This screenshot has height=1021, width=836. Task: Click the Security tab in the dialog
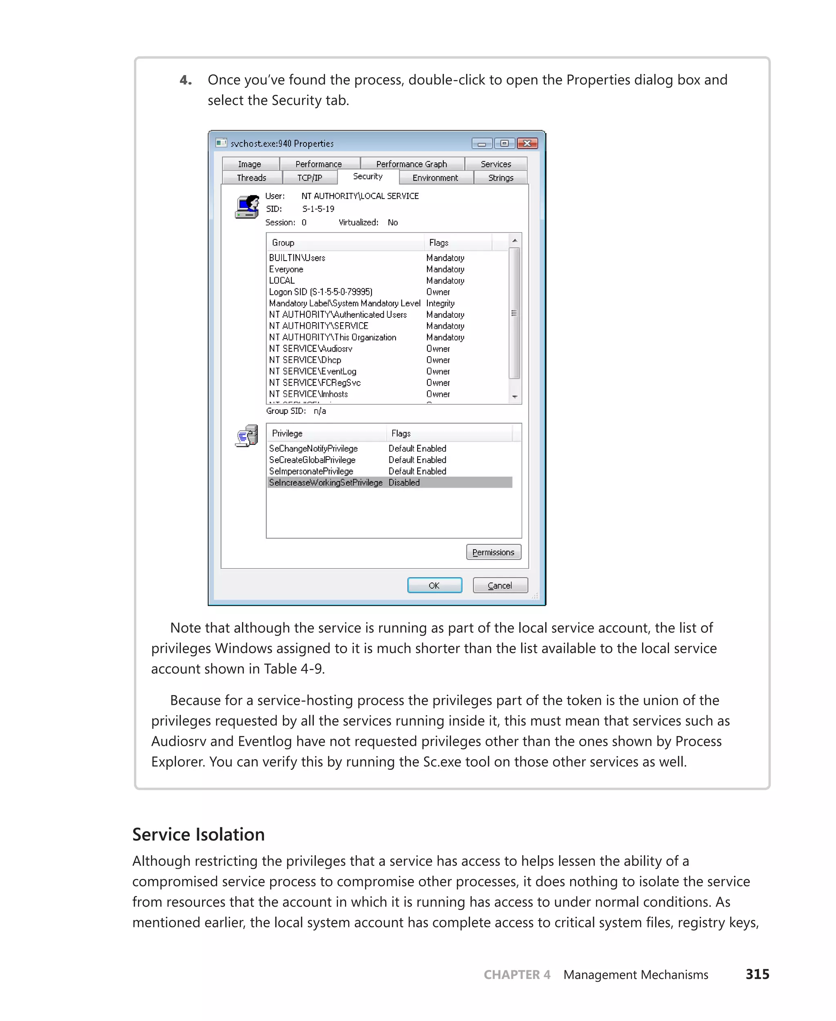point(367,176)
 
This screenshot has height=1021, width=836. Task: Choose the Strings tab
point(500,178)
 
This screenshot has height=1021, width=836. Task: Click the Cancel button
point(500,585)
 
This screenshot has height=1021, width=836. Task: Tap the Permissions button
point(493,552)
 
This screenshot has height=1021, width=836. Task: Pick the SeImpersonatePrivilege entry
point(311,471)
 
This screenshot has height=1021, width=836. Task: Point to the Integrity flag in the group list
point(440,303)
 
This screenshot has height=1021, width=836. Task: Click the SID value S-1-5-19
point(318,209)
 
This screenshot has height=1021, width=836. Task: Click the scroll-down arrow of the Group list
point(514,397)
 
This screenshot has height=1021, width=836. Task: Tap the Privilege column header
point(287,434)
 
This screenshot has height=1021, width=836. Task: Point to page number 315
point(757,975)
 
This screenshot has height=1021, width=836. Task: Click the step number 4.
point(185,80)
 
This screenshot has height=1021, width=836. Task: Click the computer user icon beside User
point(247,207)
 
